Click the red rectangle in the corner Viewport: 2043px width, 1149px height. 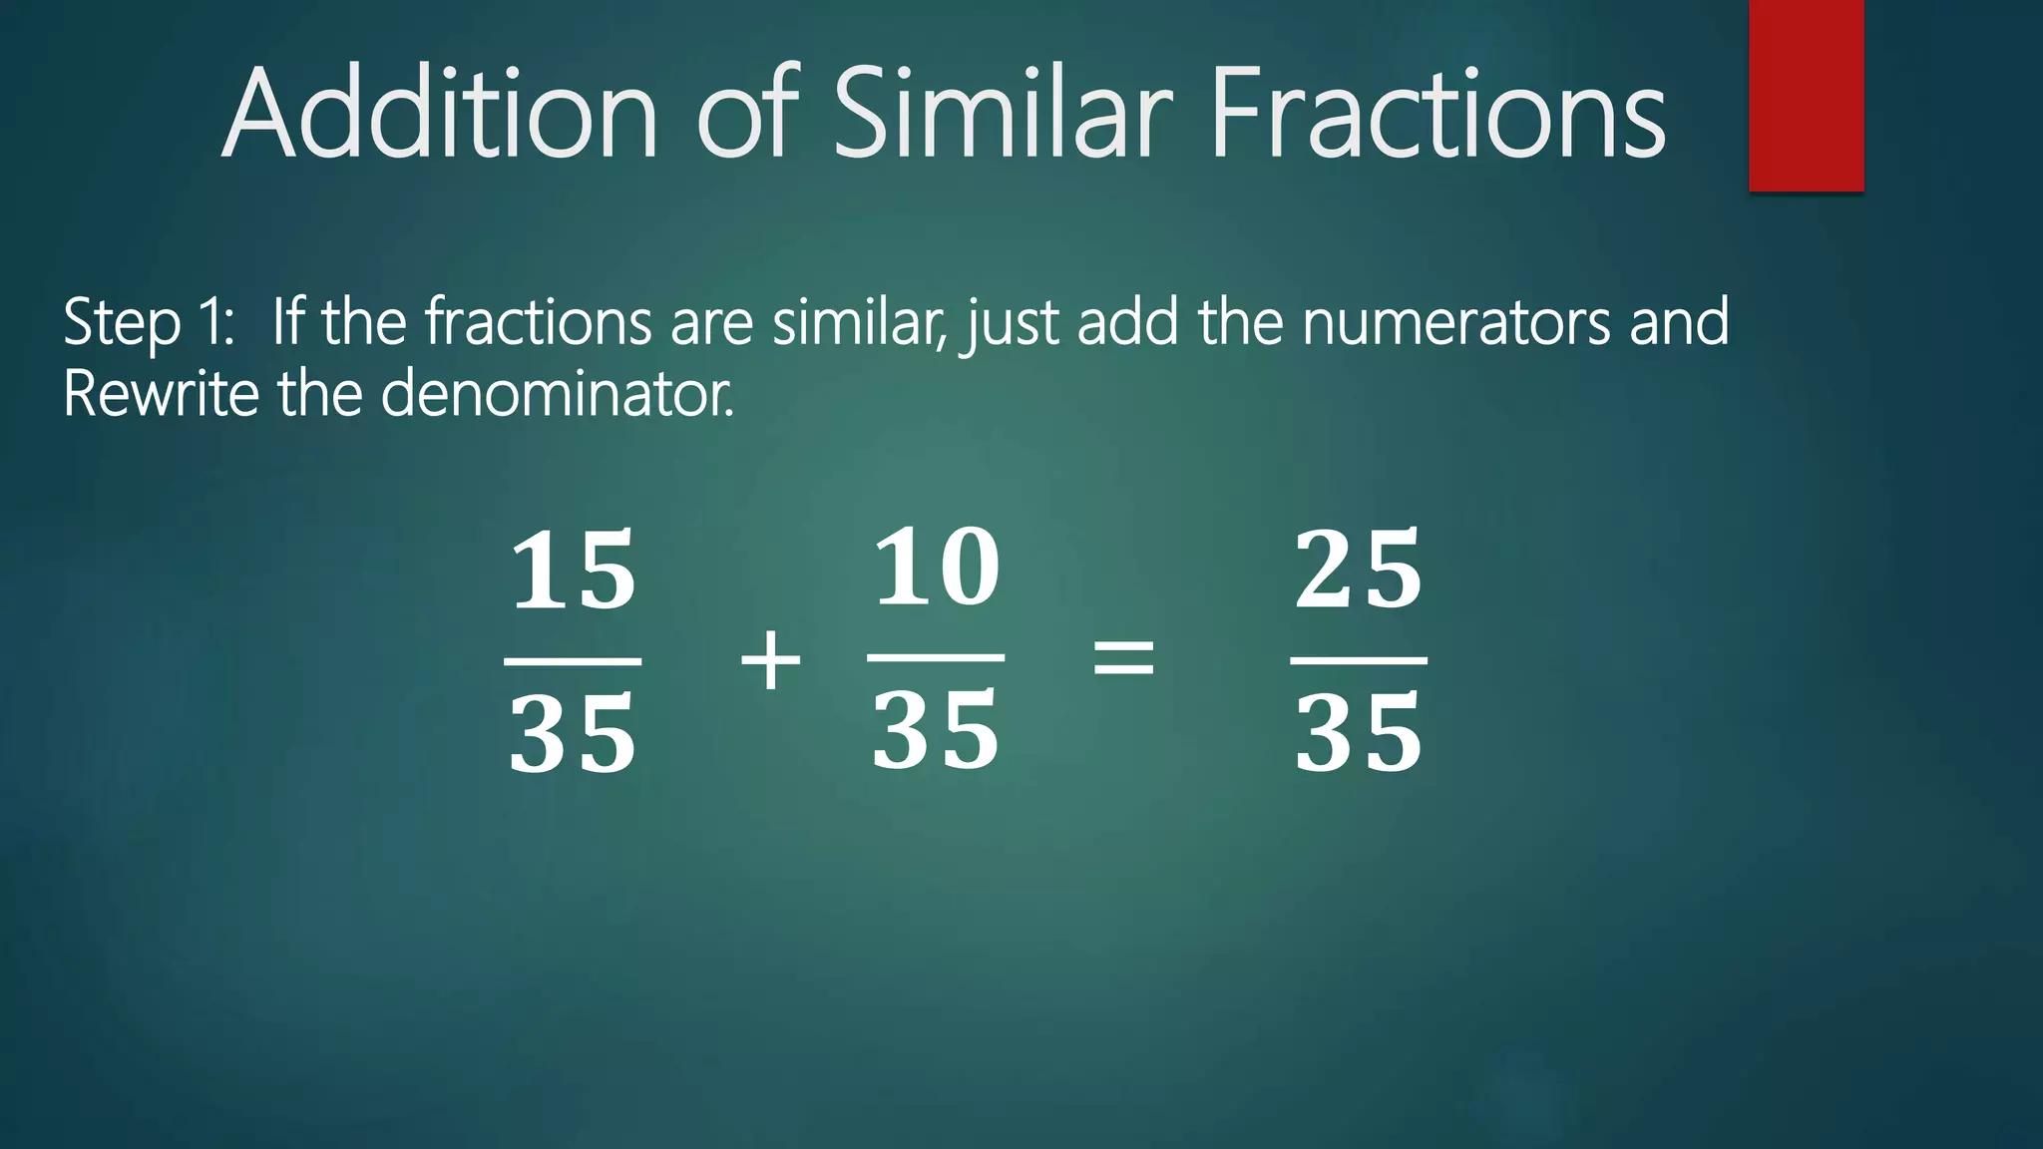[x=1806, y=95]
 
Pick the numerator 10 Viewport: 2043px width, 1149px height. [x=936, y=568]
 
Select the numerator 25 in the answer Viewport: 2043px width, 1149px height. [x=1358, y=571]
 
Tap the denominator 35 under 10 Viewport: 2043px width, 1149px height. [x=936, y=731]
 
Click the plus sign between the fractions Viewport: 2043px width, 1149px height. [x=770, y=660]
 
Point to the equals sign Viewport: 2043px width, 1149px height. [x=1124, y=658]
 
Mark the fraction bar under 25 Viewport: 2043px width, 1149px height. [x=1358, y=660]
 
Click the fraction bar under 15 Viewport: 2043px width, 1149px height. [x=573, y=660]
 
